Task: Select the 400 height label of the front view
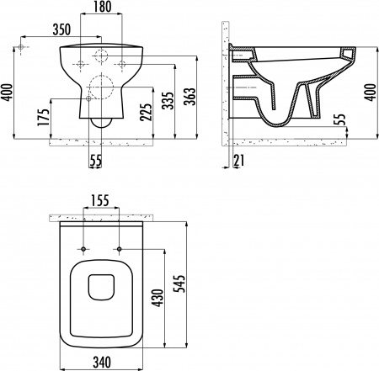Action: [8, 87]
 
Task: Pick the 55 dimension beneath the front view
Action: [99, 159]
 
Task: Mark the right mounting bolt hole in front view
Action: [122, 62]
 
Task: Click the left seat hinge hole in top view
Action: [85, 251]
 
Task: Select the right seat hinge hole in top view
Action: [121, 251]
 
